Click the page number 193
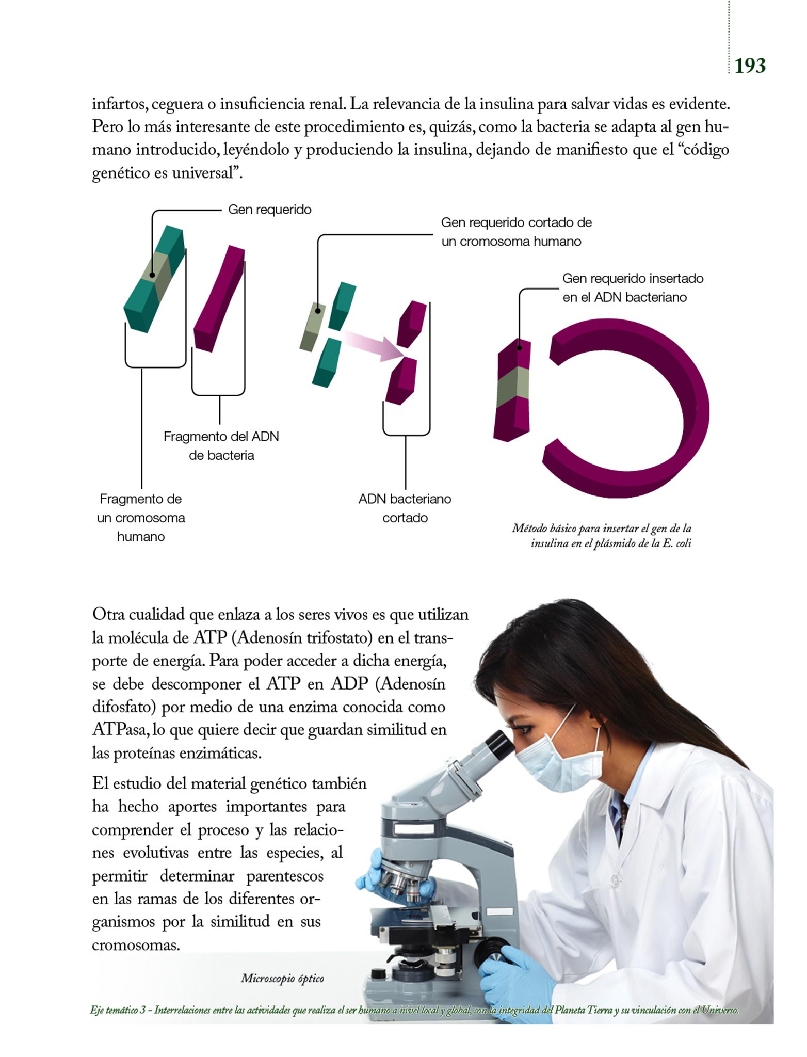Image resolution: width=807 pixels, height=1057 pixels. pos(750,66)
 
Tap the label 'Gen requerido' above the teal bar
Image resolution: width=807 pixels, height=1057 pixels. pos(270,210)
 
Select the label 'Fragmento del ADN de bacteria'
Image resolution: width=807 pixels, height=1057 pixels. pos(221,446)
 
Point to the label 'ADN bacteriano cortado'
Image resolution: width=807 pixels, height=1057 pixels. pos(405,508)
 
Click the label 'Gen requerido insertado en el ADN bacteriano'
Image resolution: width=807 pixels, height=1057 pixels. pos(633,287)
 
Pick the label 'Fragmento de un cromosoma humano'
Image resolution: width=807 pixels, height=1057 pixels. pos(141,518)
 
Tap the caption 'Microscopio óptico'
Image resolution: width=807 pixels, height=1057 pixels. pos(282,978)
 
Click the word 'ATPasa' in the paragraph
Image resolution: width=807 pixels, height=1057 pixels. pos(121,730)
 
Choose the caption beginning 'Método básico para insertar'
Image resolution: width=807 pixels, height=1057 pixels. pos(602,535)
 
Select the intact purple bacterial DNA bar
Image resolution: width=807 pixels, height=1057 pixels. pos(219,299)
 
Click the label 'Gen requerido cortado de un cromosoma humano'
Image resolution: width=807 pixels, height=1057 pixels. pos(516,232)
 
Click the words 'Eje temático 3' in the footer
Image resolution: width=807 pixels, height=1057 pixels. pos(117,1010)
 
